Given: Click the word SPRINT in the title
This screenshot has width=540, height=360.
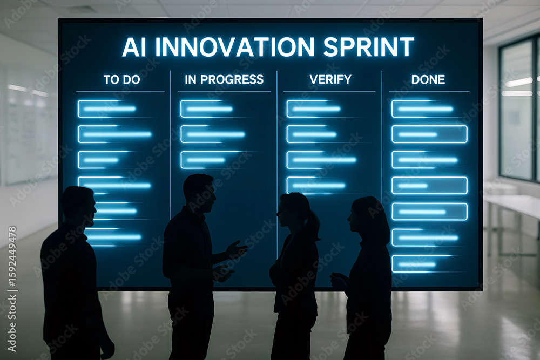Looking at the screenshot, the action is [x=368, y=46].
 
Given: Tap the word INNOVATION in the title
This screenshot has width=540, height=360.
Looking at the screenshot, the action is [x=235, y=46].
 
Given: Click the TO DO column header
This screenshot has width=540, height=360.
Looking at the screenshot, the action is [x=122, y=80].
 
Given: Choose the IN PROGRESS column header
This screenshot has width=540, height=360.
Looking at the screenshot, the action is [x=224, y=80].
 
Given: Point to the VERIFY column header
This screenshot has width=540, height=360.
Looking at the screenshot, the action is [x=330, y=80].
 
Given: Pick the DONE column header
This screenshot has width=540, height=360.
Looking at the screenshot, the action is [x=428, y=80].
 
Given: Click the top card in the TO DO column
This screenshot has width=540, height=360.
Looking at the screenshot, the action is [x=107, y=109].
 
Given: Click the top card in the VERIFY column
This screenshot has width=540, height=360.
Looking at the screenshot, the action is [x=315, y=109].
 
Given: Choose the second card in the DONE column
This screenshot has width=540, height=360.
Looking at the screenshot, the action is [x=429, y=134].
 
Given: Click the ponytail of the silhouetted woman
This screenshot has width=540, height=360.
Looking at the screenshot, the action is [x=312, y=226].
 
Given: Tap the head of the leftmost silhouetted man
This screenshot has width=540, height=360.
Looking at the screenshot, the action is [x=78, y=206].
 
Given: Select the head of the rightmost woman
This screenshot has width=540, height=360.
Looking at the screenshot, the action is [x=366, y=218].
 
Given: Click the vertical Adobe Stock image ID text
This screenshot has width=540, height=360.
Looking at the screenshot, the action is [x=12, y=289].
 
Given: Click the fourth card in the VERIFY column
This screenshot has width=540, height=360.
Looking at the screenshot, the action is [x=316, y=186].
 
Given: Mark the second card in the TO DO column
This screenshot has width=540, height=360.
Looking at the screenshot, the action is [x=115, y=134].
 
